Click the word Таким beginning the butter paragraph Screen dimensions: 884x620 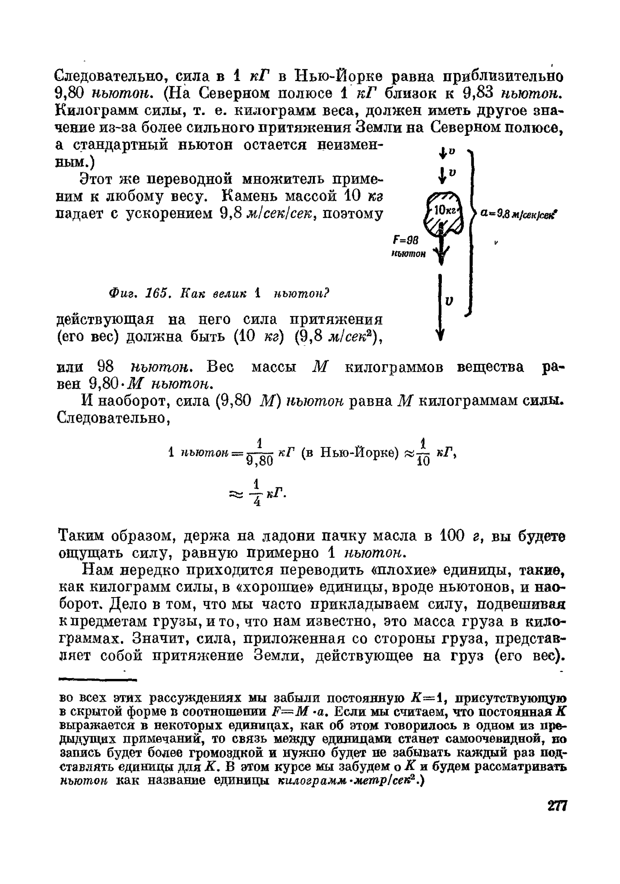[82, 535]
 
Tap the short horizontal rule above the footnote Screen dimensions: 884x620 [97, 679]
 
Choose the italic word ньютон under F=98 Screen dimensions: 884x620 [409, 254]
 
